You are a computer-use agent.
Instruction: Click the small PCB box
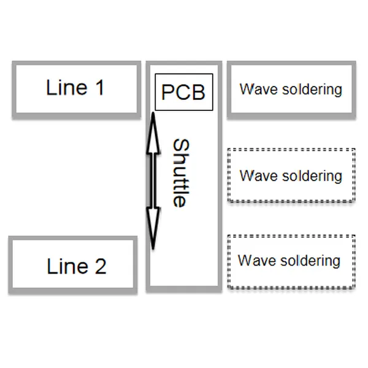point(183,92)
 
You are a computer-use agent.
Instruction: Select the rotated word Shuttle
point(179,173)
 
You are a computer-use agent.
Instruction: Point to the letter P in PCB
point(167,92)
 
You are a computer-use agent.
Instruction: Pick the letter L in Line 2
point(52,266)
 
